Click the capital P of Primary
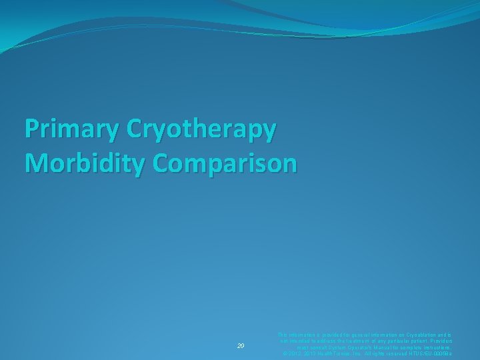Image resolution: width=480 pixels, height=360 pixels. coord(31,129)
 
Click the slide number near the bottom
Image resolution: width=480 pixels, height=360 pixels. coord(242,346)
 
